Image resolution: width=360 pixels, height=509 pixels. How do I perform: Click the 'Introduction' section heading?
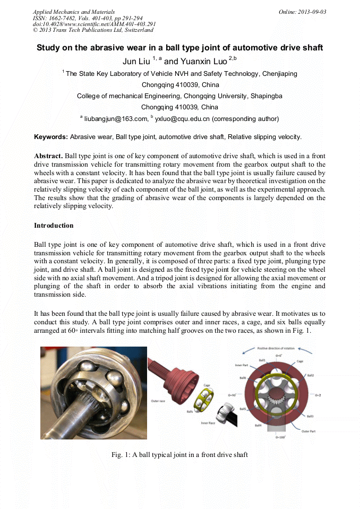54,226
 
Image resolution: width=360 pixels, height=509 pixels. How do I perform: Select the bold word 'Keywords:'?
51,137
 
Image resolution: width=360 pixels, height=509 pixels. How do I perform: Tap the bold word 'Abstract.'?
48,157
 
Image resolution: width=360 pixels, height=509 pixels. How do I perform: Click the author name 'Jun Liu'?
136,62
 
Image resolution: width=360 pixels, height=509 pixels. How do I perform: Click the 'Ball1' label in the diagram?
262,360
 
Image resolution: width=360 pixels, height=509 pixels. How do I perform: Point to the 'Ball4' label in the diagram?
258,425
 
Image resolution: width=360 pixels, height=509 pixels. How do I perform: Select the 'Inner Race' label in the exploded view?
208,423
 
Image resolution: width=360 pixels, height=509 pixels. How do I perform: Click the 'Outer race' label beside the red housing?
158,401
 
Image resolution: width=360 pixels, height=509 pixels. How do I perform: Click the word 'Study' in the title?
49,48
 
